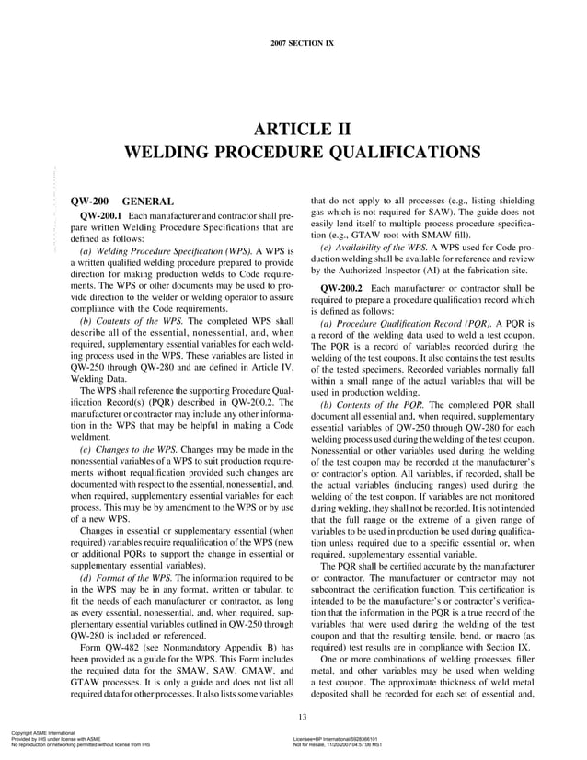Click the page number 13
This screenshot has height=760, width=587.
293,717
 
